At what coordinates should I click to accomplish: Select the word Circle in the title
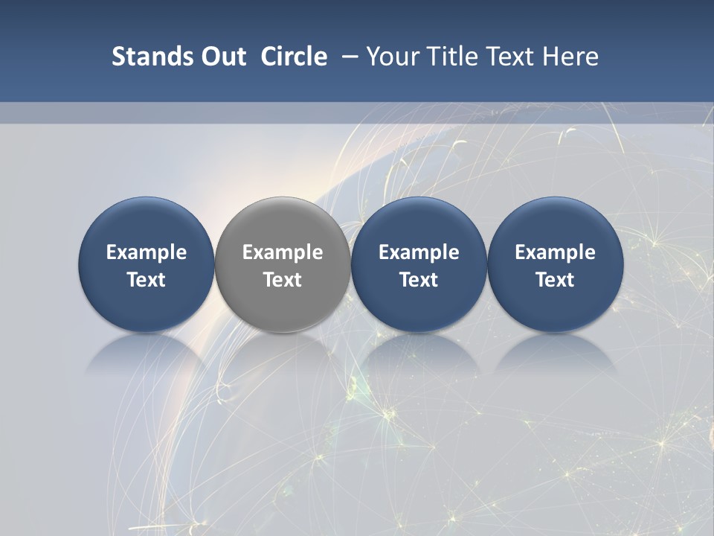click(x=294, y=57)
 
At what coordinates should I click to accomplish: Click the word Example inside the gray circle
click(x=283, y=252)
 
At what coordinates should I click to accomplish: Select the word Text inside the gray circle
click(x=283, y=280)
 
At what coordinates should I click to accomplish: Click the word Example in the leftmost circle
click(x=147, y=252)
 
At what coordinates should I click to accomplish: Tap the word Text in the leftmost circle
click(x=147, y=280)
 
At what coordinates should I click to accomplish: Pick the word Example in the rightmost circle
click(x=555, y=252)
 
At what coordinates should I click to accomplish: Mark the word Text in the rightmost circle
click(x=555, y=280)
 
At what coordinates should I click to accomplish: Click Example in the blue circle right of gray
click(x=419, y=252)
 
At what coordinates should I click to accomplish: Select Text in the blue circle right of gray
click(x=419, y=280)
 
